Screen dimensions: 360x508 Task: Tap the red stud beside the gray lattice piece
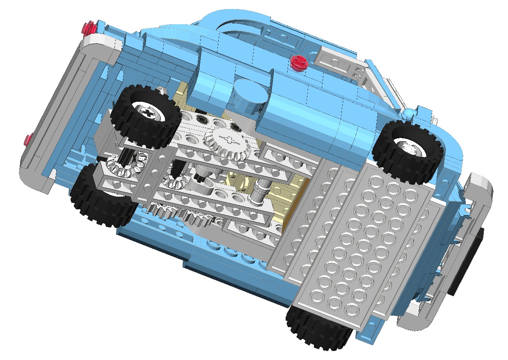tap(299, 63)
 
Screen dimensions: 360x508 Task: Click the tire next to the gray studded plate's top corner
tap(408, 151)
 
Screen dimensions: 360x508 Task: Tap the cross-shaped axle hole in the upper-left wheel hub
tap(148, 111)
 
